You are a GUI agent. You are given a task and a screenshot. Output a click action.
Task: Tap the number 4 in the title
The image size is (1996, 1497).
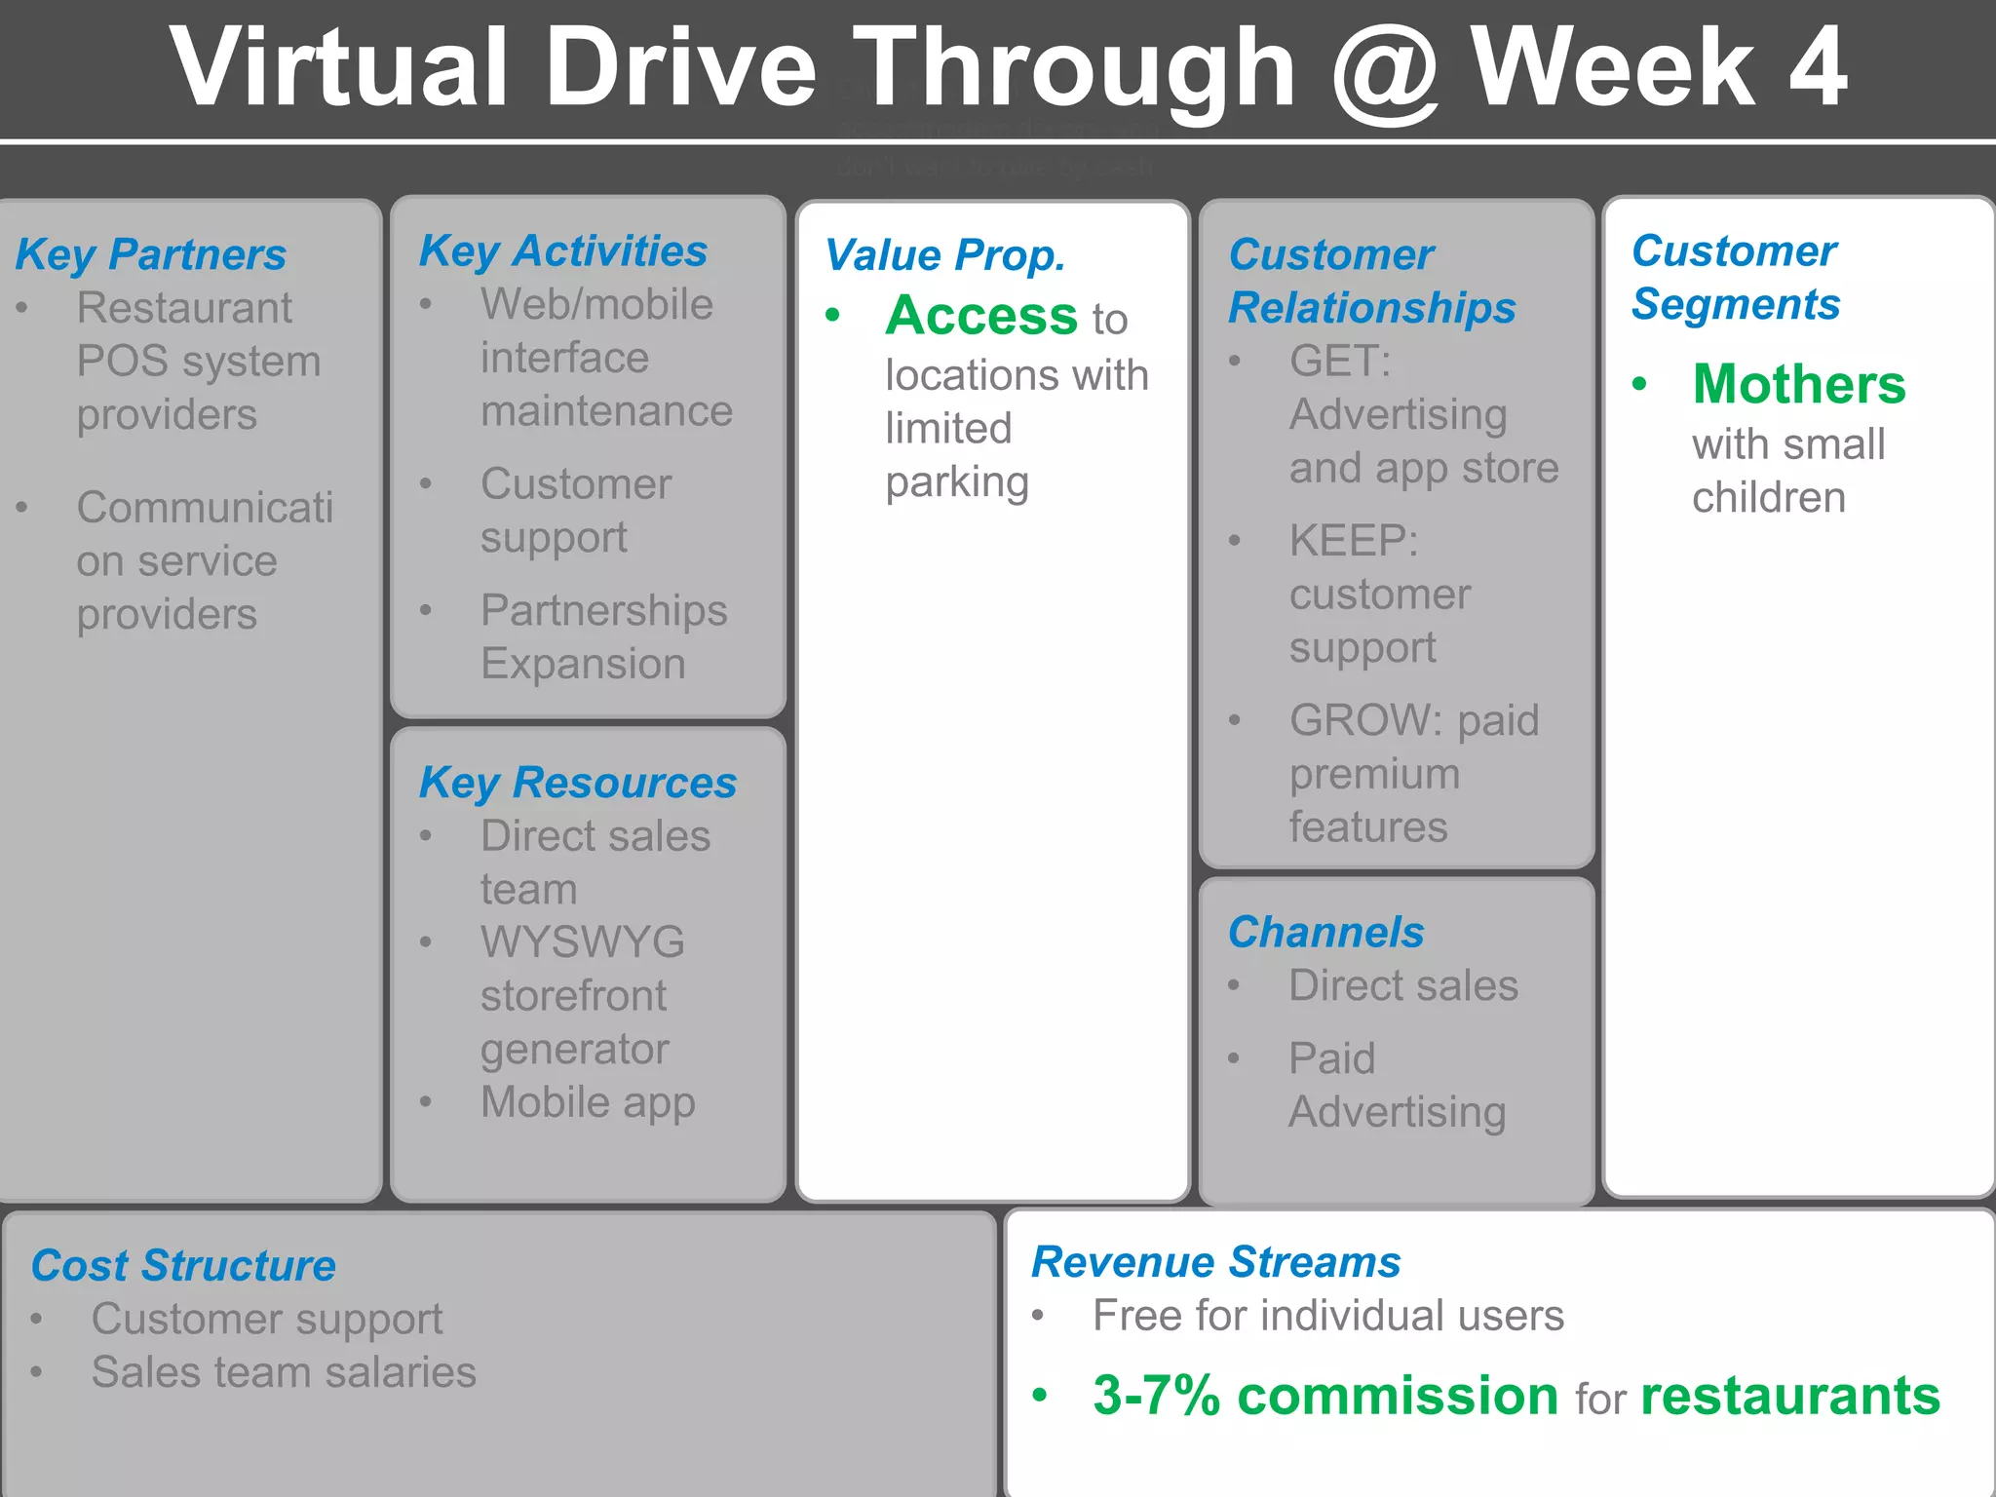[x=1816, y=68]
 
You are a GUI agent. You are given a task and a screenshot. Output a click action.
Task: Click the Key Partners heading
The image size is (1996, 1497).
[x=151, y=254]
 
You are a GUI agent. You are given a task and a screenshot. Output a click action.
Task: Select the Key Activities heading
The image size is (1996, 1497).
[x=563, y=251]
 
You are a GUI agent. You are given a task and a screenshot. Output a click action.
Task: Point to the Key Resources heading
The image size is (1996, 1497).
[x=577, y=783]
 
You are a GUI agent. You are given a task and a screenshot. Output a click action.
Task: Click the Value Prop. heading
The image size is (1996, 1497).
[x=944, y=255]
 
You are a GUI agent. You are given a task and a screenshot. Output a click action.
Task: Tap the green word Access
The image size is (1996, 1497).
[x=980, y=316]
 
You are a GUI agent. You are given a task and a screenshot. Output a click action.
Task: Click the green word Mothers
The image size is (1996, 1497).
[x=1799, y=384]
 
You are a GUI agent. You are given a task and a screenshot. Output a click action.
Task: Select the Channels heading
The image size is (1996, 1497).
[x=1325, y=932]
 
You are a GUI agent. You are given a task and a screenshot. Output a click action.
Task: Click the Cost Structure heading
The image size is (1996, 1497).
[x=183, y=1265]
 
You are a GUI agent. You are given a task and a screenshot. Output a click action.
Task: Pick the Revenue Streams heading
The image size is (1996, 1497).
[x=1215, y=1262]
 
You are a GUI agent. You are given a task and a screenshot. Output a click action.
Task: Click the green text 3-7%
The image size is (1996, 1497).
[x=1156, y=1396]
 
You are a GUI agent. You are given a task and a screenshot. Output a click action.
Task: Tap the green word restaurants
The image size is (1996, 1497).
[x=1790, y=1396]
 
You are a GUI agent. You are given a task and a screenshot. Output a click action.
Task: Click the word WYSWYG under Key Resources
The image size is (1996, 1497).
[x=582, y=942]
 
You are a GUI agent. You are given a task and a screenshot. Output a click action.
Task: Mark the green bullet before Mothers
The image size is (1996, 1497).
[x=1640, y=384]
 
